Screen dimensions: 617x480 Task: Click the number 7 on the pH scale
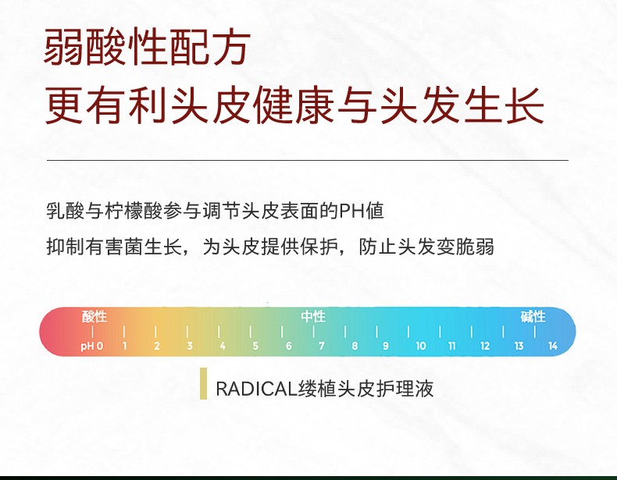click(x=322, y=346)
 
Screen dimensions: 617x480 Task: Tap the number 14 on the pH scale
click(x=553, y=346)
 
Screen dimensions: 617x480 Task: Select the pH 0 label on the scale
click(x=92, y=346)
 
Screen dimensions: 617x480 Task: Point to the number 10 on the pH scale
click(x=421, y=346)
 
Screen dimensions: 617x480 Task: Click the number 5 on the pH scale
click(x=255, y=346)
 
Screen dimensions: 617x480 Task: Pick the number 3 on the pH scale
click(x=190, y=346)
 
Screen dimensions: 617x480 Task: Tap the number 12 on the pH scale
click(x=485, y=346)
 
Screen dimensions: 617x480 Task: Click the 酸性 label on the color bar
click(x=95, y=316)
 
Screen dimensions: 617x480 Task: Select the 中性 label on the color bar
click(x=313, y=316)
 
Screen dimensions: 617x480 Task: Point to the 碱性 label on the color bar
click(x=533, y=316)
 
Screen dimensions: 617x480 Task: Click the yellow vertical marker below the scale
click(x=203, y=384)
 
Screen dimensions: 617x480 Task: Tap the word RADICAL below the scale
click(x=256, y=389)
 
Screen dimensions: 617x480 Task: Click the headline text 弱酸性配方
click(x=147, y=47)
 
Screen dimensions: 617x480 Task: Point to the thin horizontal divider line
click(x=308, y=161)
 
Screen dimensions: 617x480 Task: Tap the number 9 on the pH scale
click(x=386, y=346)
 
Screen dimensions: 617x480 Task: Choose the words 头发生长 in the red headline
click(x=462, y=105)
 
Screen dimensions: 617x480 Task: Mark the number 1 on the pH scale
click(x=125, y=346)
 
